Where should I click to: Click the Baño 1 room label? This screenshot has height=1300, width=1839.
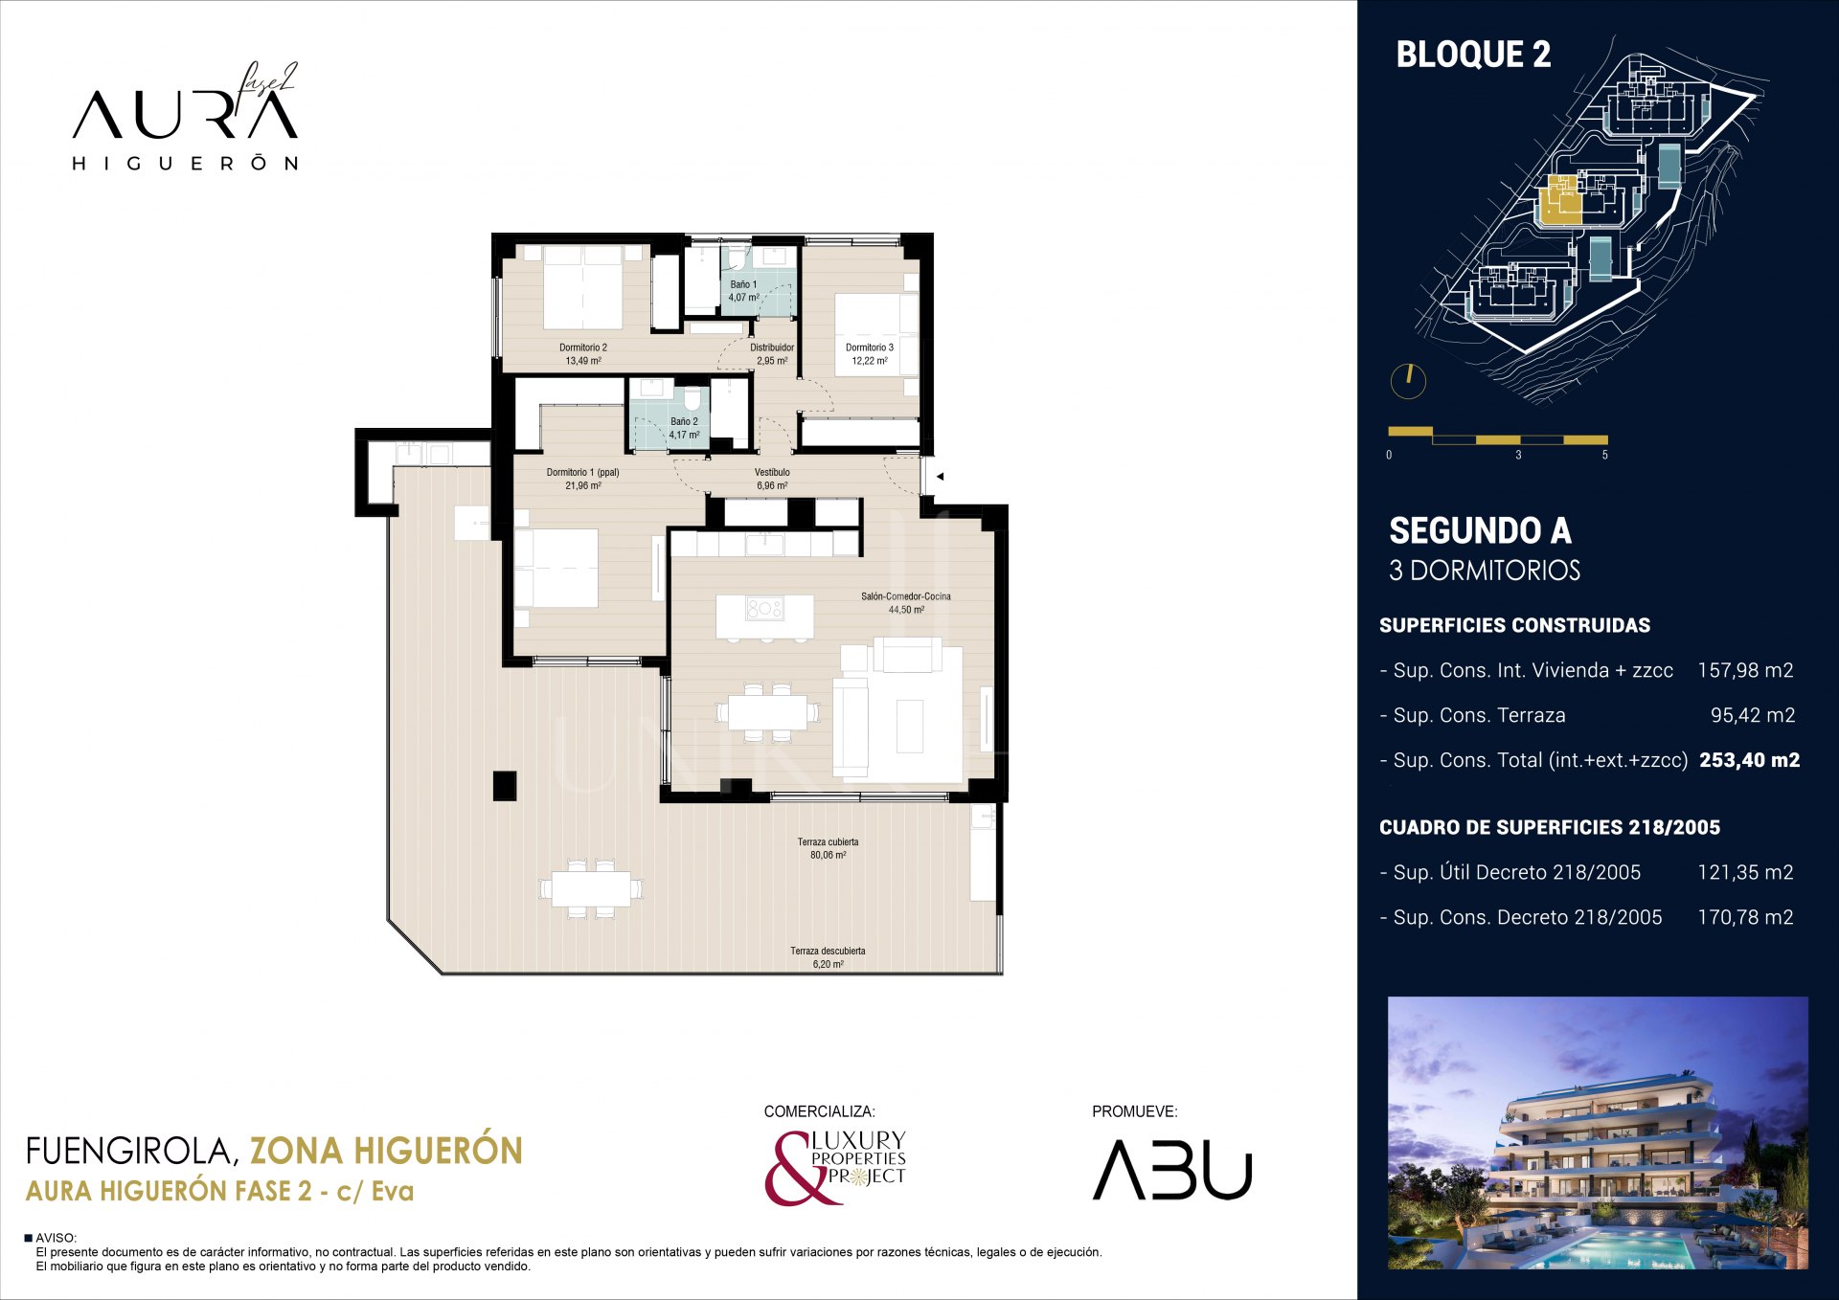(743, 290)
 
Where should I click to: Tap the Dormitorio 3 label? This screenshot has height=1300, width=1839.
(869, 354)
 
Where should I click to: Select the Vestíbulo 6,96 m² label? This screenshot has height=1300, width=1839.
(771, 479)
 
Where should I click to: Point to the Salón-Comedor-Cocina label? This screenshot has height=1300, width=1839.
(905, 602)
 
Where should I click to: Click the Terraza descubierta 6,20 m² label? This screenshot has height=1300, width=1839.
(828, 957)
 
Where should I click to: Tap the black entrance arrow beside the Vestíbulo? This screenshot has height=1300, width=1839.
(940, 476)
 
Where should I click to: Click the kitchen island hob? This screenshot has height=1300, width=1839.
(764, 609)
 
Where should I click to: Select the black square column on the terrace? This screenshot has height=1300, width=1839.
(505, 785)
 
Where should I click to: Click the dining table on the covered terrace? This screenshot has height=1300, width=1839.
(591, 889)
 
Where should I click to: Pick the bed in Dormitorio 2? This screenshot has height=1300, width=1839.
(583, 287)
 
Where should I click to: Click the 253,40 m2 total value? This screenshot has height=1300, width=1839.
(1749, 760)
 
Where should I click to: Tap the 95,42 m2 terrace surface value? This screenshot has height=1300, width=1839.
(1752, 715)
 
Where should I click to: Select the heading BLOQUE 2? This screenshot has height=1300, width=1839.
(1472, 55)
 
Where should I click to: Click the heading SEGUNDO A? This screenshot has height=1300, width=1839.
(1479, 530)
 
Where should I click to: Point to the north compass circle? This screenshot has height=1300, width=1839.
(1408, 381)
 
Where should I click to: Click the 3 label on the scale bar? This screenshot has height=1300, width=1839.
(1518, 456)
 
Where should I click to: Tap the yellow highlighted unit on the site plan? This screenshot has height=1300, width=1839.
(1558, 204)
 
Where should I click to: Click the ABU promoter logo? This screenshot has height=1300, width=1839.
(1172, 1169)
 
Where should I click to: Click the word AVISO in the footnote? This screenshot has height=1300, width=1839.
(56, 1238)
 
